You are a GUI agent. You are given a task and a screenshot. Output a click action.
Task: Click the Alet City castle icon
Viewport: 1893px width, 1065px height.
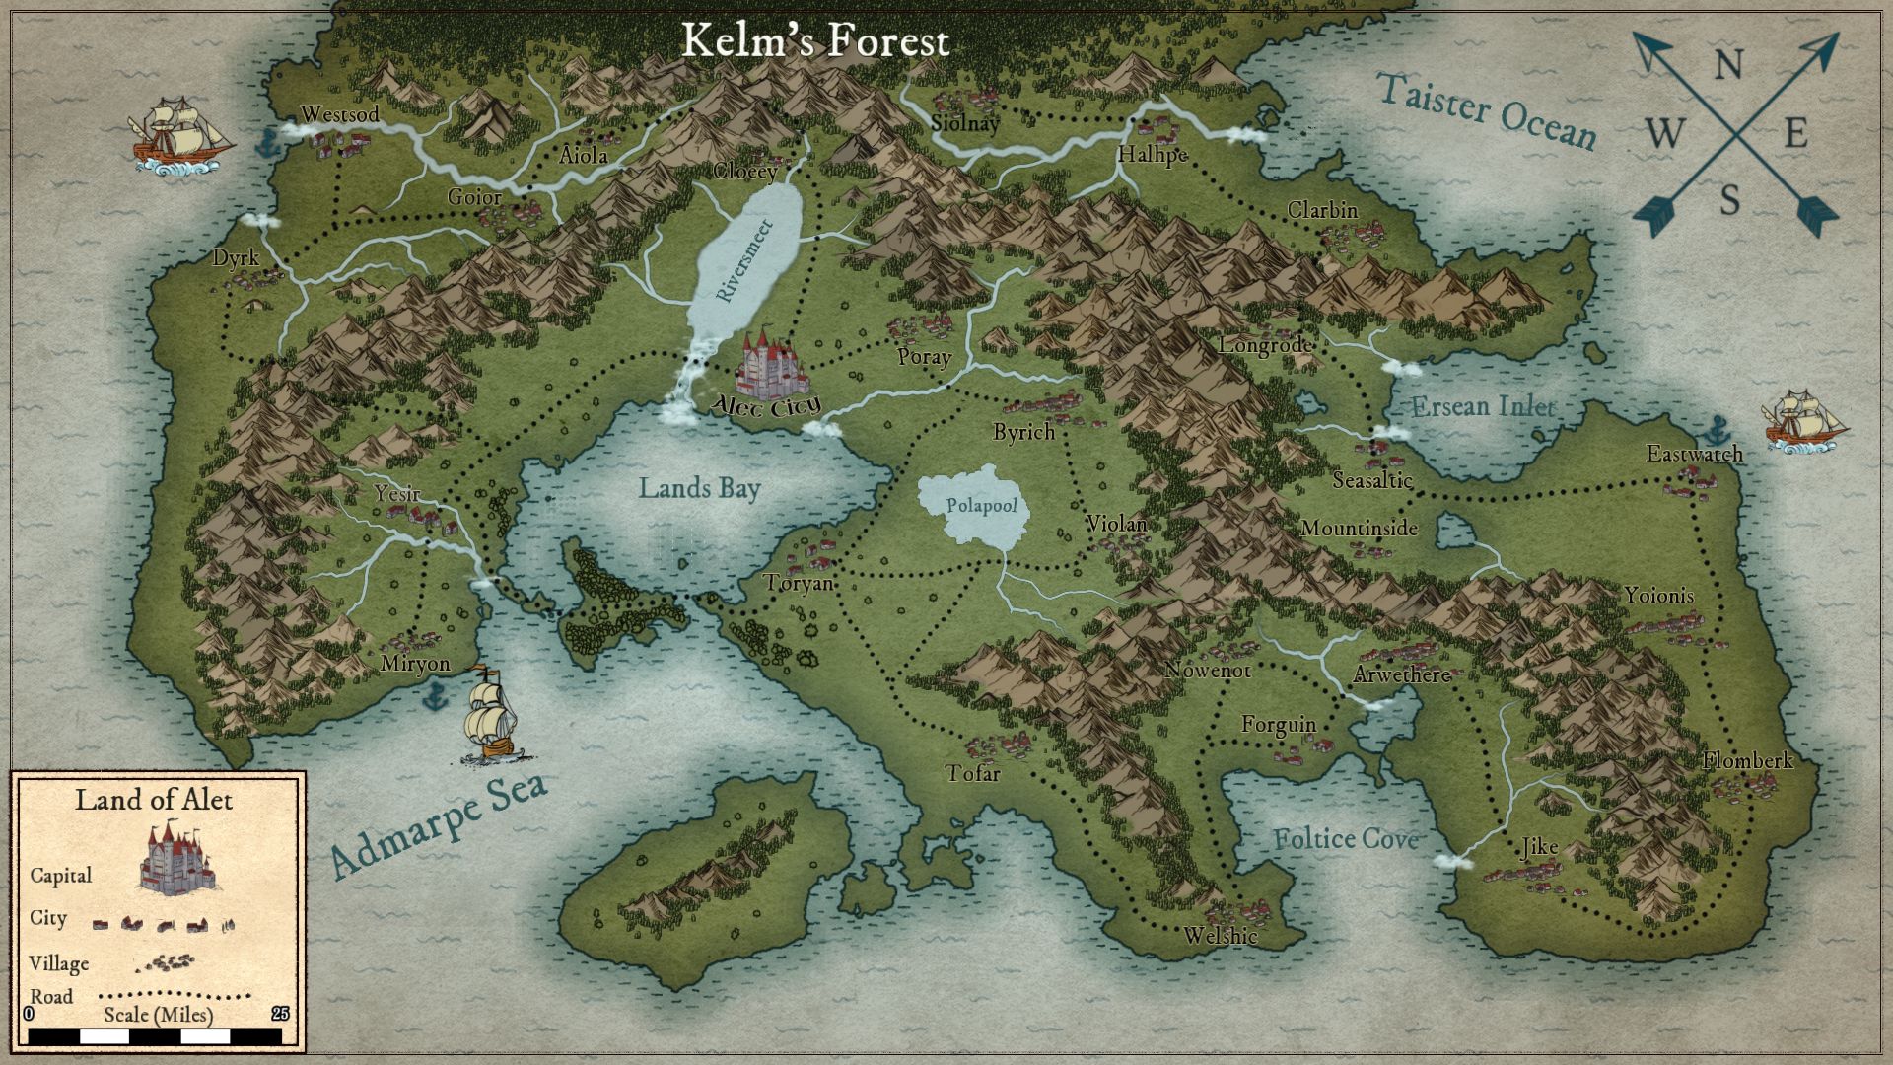pyautogui.click(x=770, y=363)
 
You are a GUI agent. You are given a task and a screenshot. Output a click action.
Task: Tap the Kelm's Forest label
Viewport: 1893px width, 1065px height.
pyautogui.click(x=815, y=40)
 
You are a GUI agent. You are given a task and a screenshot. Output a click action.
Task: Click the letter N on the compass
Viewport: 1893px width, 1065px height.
pyautogui.click(x=1728, y=66)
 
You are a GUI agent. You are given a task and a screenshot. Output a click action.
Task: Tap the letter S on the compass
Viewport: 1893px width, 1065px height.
pyautogui.click(x=1729, y=201)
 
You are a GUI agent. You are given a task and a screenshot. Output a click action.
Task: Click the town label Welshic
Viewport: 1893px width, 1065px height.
pyautogui.click(x=1221, y=936)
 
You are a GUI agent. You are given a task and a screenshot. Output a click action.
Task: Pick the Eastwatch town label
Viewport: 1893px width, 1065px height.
pyautogui.click(x=1694, y=454)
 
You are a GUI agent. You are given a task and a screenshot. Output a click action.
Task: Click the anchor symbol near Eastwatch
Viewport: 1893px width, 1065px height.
pyautogui.click(x=1718, y=429)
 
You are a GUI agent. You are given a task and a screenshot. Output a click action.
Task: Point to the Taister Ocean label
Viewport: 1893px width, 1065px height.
pyautogui.click(x=1486, y=111)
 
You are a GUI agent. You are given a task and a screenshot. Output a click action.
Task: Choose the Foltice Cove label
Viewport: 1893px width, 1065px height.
pyautogui.click(x=1345, y=839)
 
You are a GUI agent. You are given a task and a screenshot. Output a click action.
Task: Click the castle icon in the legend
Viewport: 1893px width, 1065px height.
pyautogui.click(x=177, y=861)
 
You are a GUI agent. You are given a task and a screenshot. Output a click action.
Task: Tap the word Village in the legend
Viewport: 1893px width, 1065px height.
pyautogui.click(x=59, y=963)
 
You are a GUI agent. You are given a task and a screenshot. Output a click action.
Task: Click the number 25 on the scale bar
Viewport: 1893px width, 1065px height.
pyautogui.click(x=280, y=1014)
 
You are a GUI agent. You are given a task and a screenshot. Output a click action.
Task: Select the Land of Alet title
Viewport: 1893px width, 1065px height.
pyautogui.click(x=154, y=799)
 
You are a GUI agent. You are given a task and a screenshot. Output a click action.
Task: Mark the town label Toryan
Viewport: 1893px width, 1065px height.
pyautogui.click(x=799, y=583)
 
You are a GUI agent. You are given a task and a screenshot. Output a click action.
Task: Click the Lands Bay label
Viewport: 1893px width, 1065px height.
pyautogui.click(x=699, y=488)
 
